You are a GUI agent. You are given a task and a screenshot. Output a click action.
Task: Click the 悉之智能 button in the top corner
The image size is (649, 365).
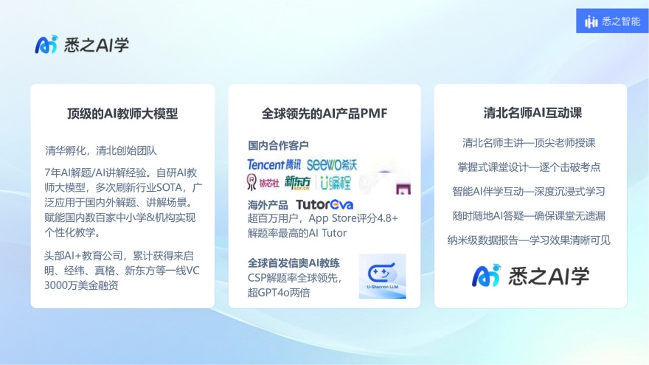tap(612, 21)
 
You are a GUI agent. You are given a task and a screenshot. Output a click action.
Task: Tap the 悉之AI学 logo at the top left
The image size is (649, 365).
tap(82, 45)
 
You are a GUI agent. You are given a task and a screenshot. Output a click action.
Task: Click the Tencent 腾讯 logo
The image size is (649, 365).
tap(274, 164)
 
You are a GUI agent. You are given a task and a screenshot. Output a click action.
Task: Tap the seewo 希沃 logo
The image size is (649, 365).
tap(332, 164)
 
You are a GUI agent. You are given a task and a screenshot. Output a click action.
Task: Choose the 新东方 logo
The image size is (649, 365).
tap(297, 182)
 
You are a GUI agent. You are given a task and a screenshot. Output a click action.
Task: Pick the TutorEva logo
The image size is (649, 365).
tap(324, 204)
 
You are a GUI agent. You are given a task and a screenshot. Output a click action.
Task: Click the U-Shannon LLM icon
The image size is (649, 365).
tap(382, 277)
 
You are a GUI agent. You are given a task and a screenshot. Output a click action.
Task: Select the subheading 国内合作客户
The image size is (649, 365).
tap(278, 145)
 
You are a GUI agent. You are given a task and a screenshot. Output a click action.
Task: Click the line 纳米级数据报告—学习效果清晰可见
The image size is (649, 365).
tap(529, 240)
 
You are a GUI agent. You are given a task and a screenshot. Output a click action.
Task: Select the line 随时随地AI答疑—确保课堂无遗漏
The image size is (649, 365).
tap(529, 215)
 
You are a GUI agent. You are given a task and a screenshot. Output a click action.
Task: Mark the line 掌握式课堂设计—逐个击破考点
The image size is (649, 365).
tap(529, 167)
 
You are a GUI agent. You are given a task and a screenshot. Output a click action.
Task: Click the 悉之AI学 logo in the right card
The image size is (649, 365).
tap(530, 275)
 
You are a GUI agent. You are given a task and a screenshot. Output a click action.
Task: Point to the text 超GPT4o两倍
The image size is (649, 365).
tap(279, 292)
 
